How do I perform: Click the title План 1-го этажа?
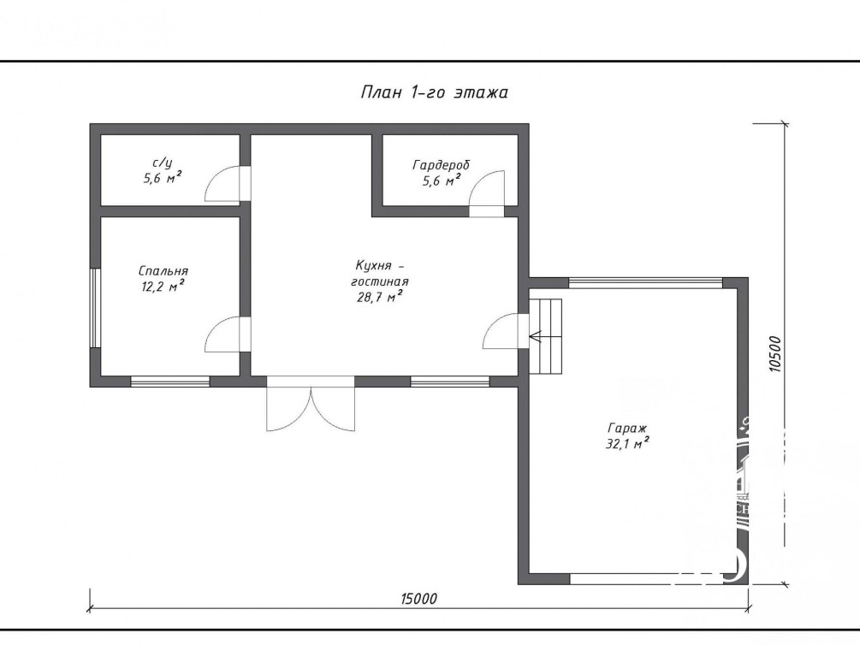coord(435,92)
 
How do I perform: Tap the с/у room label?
coord(163,163)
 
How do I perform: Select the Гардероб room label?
coord(442,165)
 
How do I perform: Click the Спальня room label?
coord(163,271)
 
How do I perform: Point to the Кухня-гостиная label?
coord(380,273)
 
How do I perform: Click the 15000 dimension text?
coord(419,599)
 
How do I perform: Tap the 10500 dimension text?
coord(774,354)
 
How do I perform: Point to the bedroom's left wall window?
coord(96,308)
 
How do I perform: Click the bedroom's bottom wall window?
coord(170,382)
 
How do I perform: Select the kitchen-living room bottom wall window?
coord(450,382)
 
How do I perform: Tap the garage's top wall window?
coord(645,283)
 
